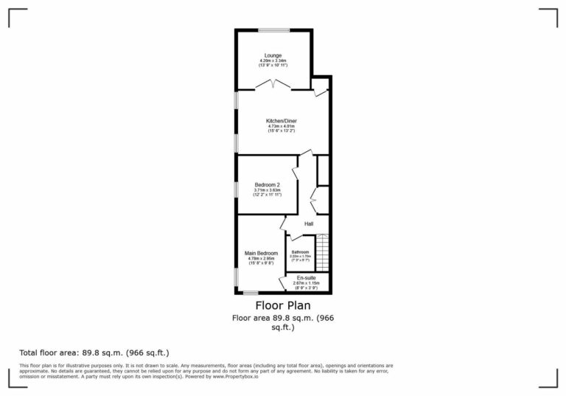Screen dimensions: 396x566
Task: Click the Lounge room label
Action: tap(273, 55)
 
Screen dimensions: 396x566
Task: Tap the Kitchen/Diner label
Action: tap(282, 121)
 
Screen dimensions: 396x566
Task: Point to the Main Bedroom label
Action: tap(261, 253)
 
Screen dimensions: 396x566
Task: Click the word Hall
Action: tap(310, 224)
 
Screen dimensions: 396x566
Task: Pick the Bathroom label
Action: tap(300, 251)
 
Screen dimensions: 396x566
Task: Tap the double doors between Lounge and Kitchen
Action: tap(273, 85)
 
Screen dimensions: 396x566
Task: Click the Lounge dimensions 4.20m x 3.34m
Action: tap(273, 61)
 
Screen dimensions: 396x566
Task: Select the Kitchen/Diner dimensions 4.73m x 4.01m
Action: tap(282, 126)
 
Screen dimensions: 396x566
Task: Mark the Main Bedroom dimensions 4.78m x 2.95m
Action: tap(261, 259)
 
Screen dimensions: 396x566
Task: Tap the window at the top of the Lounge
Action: tap(273, 29)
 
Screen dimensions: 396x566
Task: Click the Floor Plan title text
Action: tap(282, 305)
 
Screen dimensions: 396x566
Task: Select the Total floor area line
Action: tap(99, 353)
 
